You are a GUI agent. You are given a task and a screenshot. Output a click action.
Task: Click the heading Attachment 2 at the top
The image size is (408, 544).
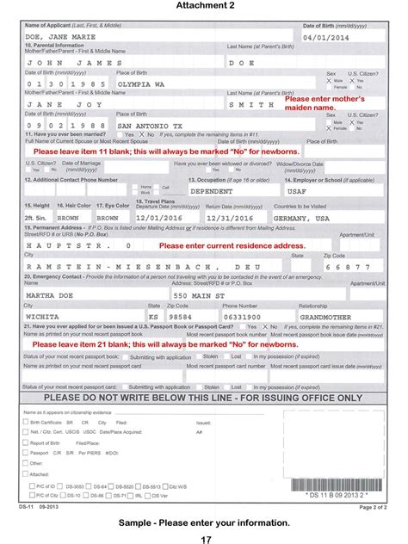(x=204, y=6)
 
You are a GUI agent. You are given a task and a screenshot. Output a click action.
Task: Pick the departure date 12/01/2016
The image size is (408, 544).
(x=156, y=219)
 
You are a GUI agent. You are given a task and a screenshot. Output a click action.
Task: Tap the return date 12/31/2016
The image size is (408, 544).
(x=225, y=219)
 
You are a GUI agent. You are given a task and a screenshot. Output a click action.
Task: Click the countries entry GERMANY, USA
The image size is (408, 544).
(x=300, y=219)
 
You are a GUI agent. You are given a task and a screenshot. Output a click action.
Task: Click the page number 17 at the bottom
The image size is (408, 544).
(x=205, y=539)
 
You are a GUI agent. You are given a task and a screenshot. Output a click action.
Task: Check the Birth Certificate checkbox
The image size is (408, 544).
(x=27, y=423)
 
